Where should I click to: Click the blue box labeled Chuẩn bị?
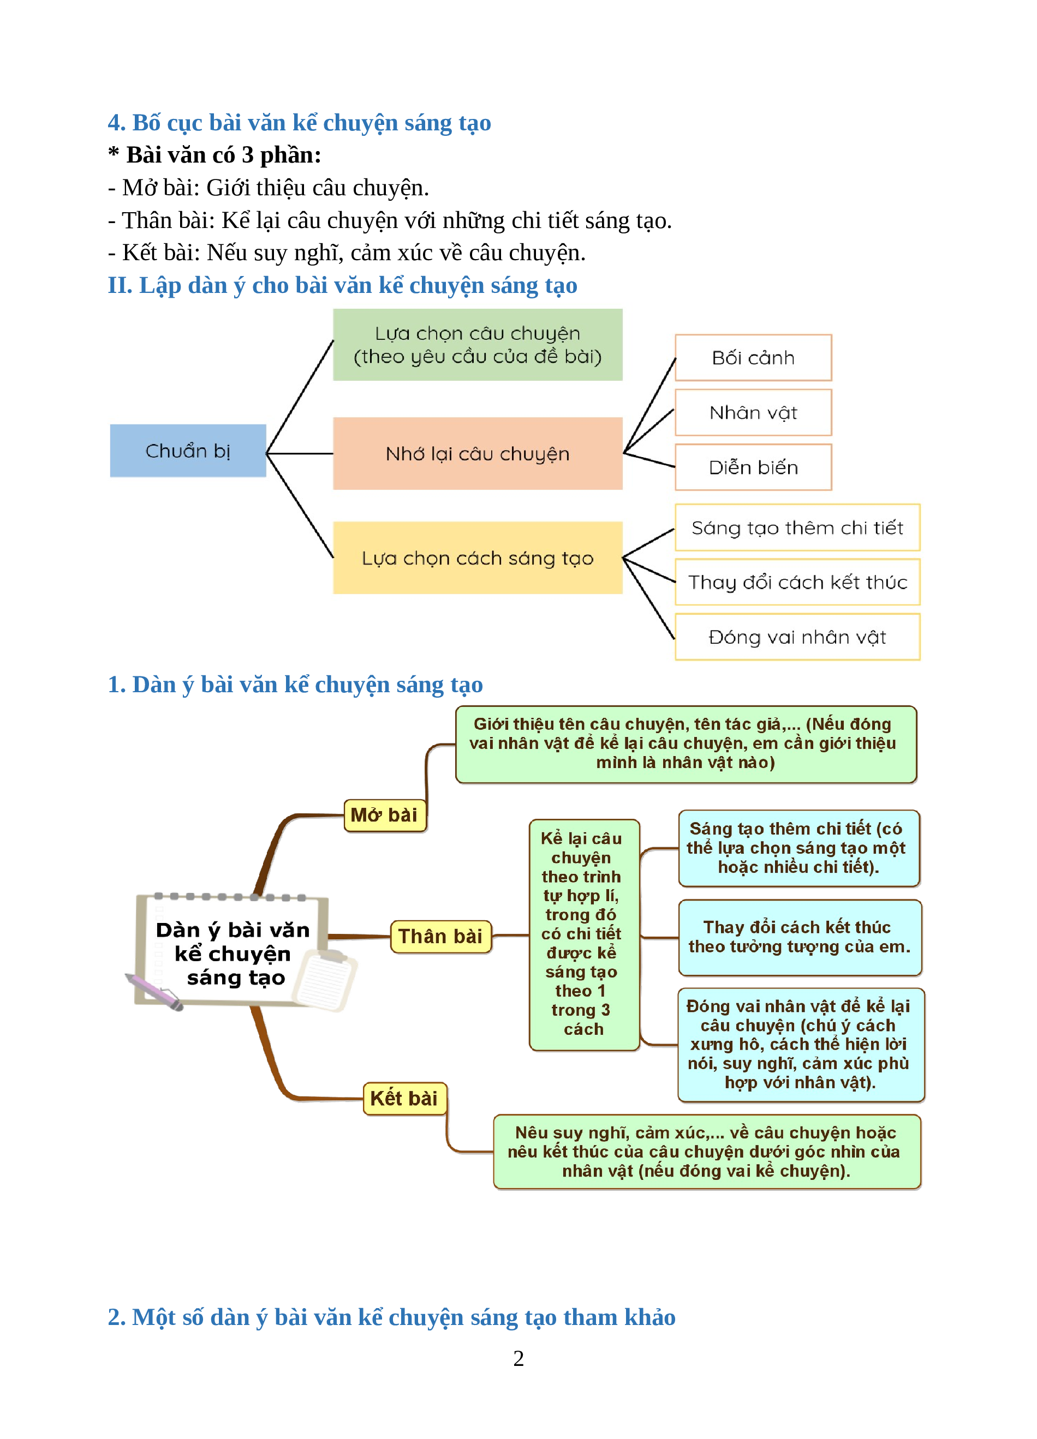[188, 451]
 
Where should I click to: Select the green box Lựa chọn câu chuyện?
[477, 345]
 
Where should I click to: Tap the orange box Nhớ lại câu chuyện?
[477, 453]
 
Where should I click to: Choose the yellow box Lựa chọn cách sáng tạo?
[477, 557]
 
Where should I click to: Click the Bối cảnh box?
[753, 358]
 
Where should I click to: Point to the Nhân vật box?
[753, 412]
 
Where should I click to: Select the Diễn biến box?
[753, 467]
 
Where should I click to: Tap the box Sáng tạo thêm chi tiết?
[798, 527]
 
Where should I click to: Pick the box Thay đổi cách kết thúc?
[798, 582]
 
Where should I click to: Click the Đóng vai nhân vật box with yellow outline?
[798, 637]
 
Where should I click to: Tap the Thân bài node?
[440, 937]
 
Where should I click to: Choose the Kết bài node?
[404, 1098]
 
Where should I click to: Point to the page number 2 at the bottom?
[518, 1358]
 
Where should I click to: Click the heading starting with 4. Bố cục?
[300, 122]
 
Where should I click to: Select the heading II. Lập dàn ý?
[343, 285]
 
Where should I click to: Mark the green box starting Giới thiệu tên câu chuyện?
[686, 744]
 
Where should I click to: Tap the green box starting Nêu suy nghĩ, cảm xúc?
[707, 1152]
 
